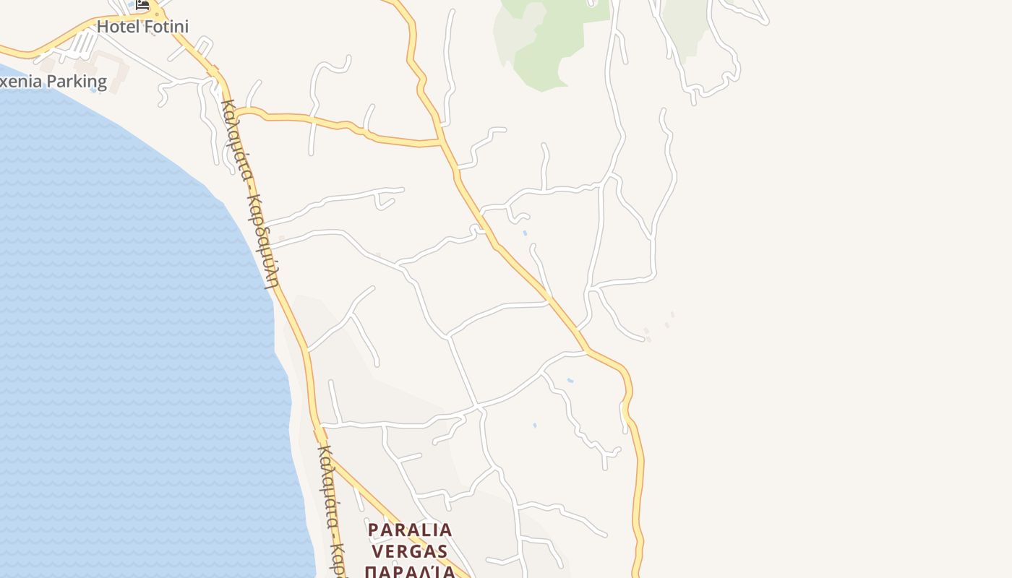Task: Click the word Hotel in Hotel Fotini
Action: point(116,27)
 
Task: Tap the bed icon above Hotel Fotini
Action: point(142,4)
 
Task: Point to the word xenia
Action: point(22,82)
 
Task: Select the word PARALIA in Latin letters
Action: point(410,530)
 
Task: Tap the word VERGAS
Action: point(410,551)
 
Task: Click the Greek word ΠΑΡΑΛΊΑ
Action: point(410,572)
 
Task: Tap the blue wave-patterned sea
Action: point(130,325)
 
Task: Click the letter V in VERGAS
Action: point(375,551)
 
